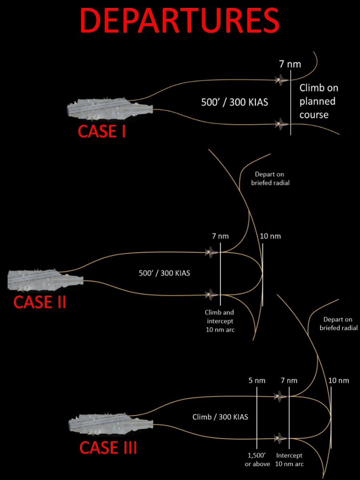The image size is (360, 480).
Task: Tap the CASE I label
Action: pyautogui.click(x=102, y=131)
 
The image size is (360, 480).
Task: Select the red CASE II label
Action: pyautogui.click(x=40, y=302)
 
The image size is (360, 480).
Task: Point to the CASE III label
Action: pyautogui.click(x=108, y=448)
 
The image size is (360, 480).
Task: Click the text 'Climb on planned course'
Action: pyautogui.click(x=319, y=101)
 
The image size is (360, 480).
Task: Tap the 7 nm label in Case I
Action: pyautogui.click(x=290, y=64)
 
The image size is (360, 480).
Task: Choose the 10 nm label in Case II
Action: pyautogui.click(x=270, y=236)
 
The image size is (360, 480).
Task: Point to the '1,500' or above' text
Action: pyautogui.click(x=257, y=460)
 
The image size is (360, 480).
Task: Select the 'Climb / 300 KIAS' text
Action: pyautogui.click(x=220, y=417)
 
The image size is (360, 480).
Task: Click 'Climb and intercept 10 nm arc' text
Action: pyautogui.click(x=219, y=321)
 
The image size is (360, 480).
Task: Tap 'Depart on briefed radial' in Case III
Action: pyautogui.click(x=338, y=324)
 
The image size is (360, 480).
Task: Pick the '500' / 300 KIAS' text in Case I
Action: pyautogui.click(x=234, y=102)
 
